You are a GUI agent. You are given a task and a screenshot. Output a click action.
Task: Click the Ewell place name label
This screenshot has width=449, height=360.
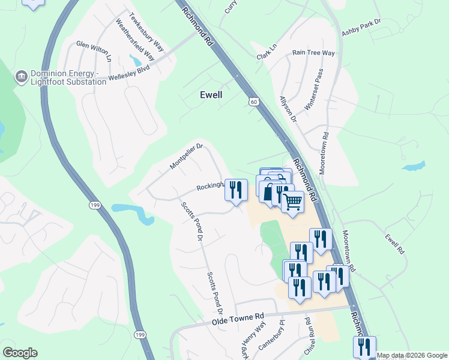click(x=211, y=95)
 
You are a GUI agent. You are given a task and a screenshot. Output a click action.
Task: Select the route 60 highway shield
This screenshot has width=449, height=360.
click(x=255, y=103)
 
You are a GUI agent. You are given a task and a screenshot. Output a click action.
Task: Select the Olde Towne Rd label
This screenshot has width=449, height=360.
click(x=238, y=320)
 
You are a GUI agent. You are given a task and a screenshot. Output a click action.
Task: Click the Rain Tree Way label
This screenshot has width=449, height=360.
click(x=313, y=53)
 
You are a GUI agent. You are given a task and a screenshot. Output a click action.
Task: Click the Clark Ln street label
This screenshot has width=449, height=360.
click(x=267, y=52)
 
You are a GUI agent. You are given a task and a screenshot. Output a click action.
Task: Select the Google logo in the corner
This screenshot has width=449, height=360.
click(x=20, y=353)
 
